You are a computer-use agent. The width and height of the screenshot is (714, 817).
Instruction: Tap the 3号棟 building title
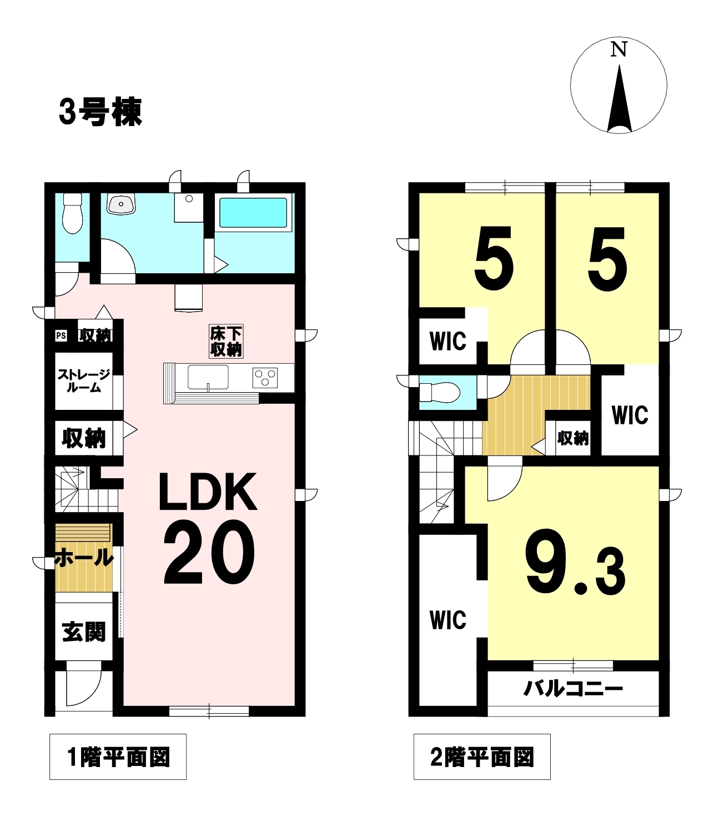tap(100, 112)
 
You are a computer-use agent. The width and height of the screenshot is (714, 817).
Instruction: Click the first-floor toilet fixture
tap(73, 213)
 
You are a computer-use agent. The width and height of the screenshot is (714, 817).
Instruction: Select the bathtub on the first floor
tap(253, 212)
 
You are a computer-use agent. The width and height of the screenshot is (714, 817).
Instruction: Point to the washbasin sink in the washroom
tap(121, 204)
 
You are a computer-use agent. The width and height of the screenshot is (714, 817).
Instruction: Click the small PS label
tap(61, 335)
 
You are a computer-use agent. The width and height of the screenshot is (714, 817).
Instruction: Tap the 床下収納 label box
tap(226, 342)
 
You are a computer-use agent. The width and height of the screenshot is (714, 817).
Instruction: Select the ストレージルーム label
tap(84, 381)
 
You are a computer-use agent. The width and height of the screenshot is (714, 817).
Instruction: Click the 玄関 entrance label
tap(84, 632)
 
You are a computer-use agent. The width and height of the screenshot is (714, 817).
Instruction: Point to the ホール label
tap(84, 558)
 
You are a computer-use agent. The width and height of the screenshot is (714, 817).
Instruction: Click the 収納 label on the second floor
tap(573, 438)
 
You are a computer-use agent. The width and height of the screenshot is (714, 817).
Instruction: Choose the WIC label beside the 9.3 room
tap(448, 620)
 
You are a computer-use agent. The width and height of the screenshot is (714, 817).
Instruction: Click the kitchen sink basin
tap(208, 377)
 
